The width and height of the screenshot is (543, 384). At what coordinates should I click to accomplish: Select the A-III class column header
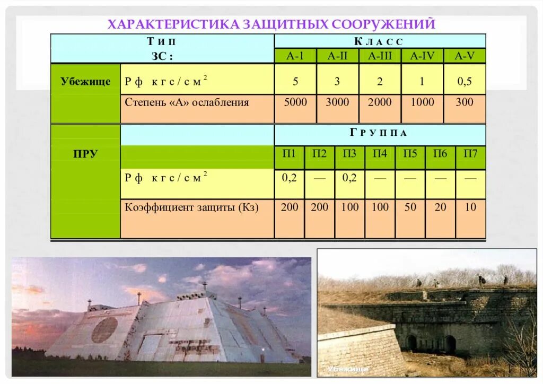point(380,56)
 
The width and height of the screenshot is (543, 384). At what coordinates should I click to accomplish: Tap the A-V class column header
point(465,56)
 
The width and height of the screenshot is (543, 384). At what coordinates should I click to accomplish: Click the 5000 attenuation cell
point(295,102)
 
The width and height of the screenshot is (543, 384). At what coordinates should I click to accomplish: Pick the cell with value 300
point(465,102)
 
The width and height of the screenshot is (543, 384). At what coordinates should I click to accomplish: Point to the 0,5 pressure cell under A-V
point(465,82)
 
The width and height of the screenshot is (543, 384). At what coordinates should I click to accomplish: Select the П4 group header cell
point(380,154)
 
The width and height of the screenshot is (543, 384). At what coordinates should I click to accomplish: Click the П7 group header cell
point(470,154)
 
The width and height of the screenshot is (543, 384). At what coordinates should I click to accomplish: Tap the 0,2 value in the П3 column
point(349,178)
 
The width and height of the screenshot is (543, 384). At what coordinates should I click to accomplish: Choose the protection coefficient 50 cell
point(410,207)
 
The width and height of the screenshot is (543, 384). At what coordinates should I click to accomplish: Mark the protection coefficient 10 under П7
point(470,207)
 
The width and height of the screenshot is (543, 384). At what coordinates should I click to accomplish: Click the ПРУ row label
point(85,154)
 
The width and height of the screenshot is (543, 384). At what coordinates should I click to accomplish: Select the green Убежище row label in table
point(85,81)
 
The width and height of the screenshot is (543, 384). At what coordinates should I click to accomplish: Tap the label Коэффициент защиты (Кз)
point(191,207)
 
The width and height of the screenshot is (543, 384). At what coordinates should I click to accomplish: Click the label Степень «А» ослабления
point(187,102)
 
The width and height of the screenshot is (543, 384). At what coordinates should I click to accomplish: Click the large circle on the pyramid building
point(104,329)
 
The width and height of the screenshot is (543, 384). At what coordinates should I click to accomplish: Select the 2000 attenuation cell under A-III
point(380,102)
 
